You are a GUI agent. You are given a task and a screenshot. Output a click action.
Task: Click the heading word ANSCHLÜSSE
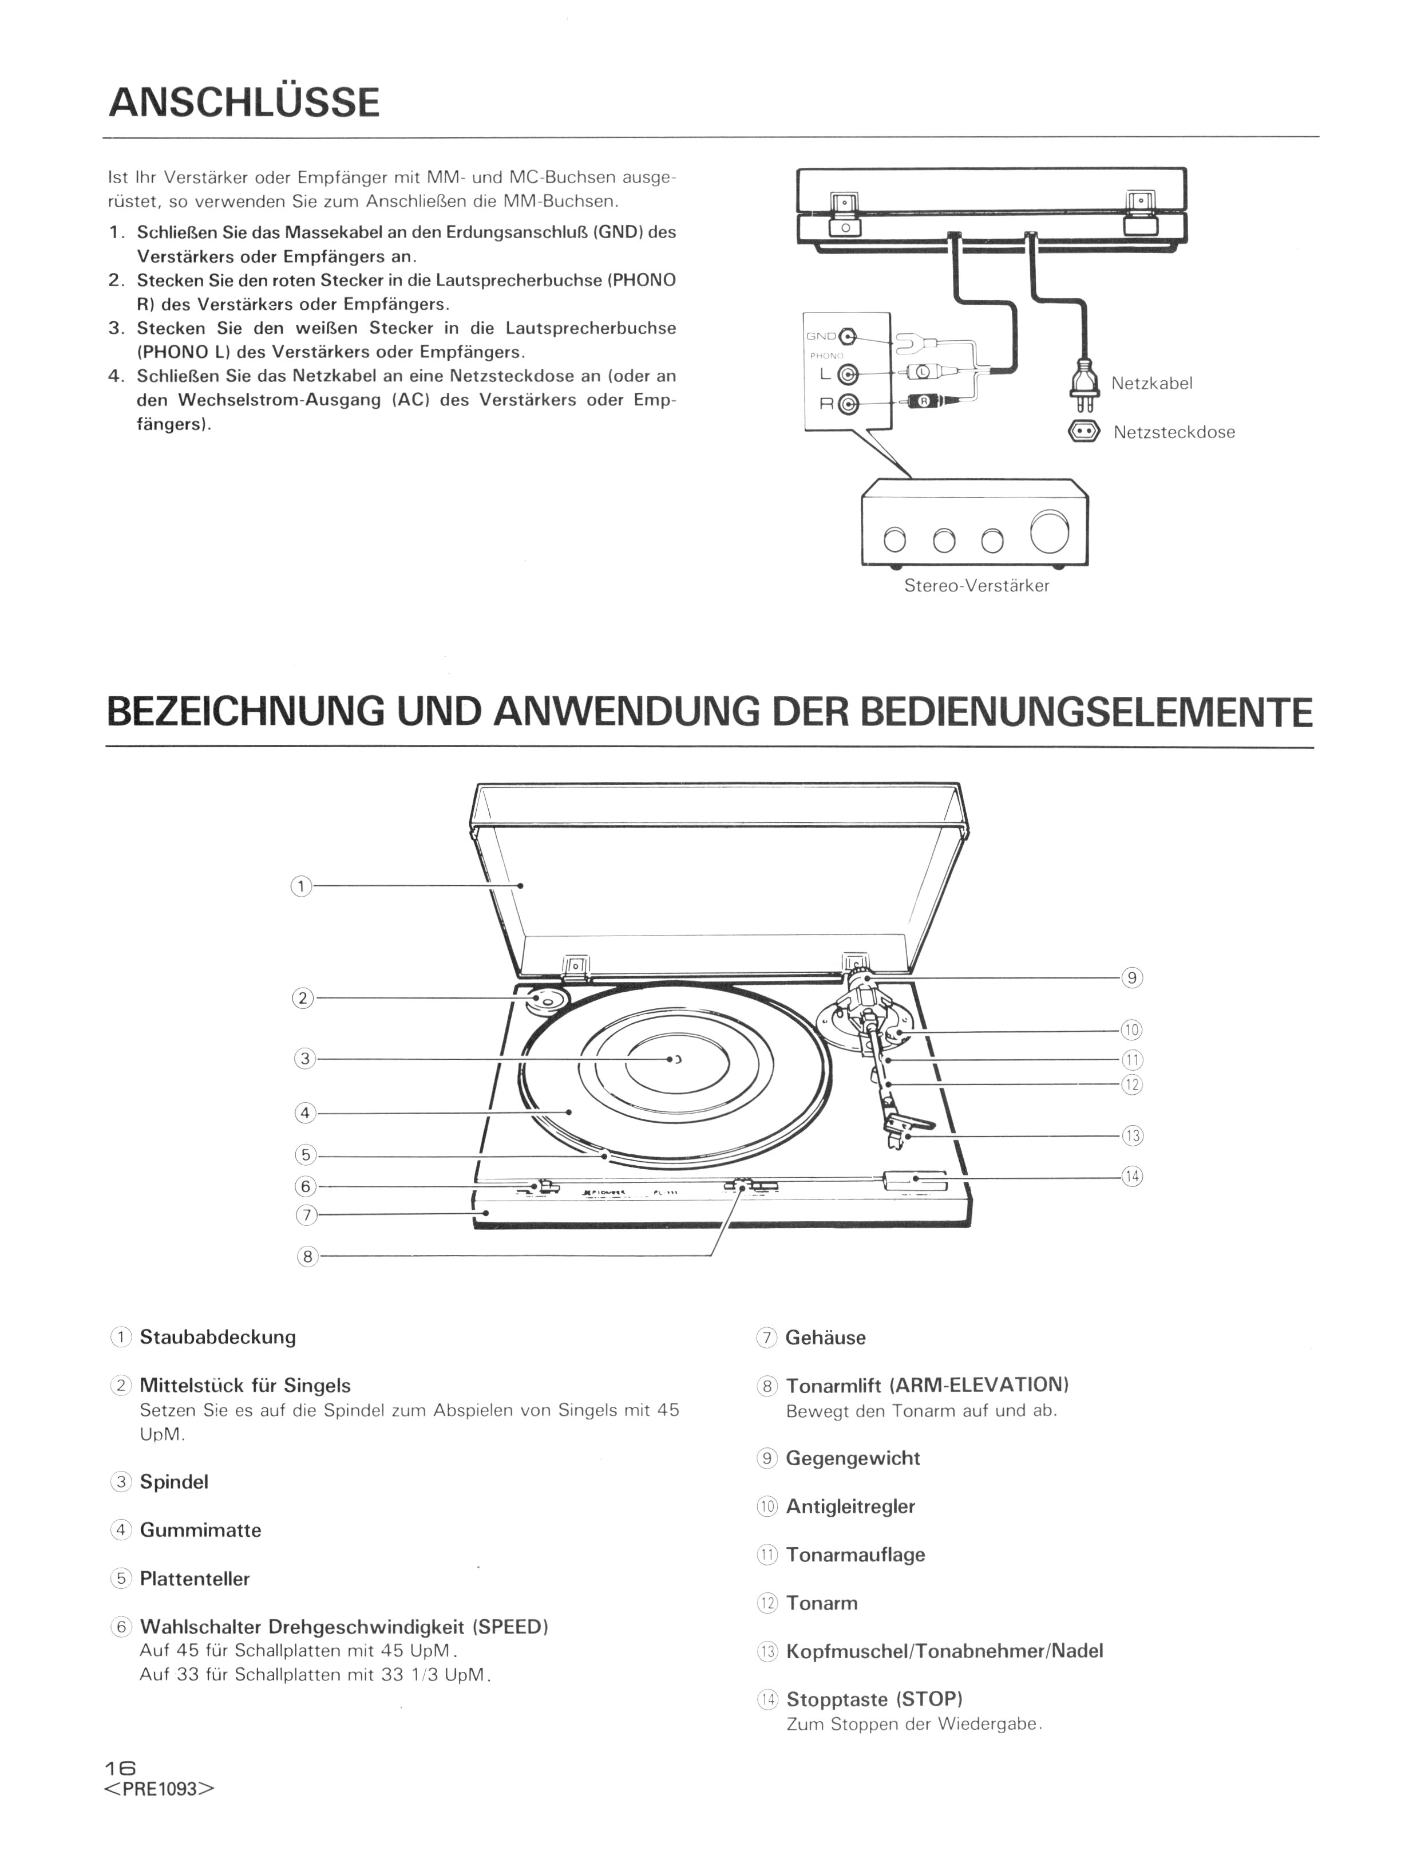click(244, 102)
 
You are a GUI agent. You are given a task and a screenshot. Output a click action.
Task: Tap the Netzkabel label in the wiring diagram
click(1151, 383)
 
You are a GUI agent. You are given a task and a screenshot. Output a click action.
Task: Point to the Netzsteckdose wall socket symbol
click(1083, 432)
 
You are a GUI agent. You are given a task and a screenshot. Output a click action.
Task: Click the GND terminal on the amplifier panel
click(848, 337)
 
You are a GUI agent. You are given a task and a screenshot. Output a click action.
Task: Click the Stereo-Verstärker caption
click(976, 586)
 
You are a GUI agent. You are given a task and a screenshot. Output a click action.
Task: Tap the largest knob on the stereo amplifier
click(1050, 531)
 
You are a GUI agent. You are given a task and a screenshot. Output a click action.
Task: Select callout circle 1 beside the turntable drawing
click(301, 886)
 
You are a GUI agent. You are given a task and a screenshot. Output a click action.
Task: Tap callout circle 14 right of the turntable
click(1132, 1177)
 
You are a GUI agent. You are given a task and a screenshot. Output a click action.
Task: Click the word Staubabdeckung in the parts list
click(218, 1337)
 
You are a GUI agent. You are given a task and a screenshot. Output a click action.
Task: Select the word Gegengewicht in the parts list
click(853, 1458)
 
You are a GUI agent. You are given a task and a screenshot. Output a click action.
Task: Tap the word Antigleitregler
click(850, 1506)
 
